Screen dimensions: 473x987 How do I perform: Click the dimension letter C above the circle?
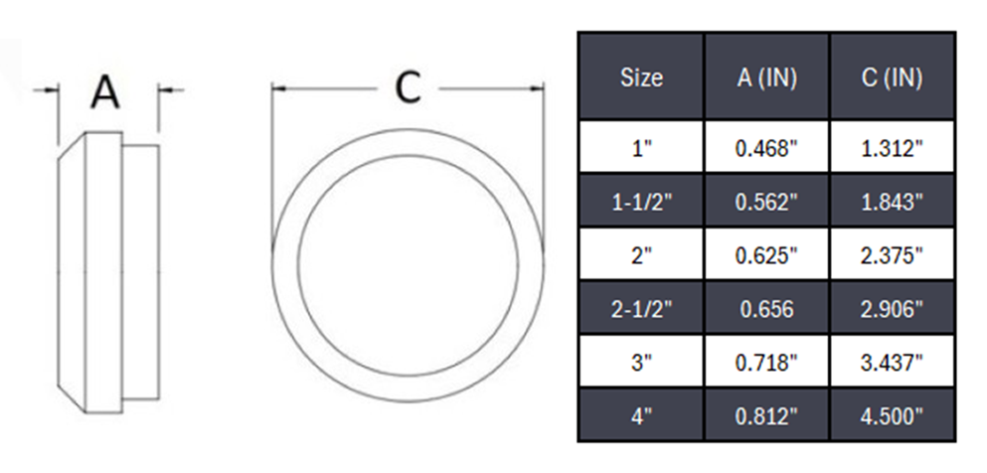pos(408,88)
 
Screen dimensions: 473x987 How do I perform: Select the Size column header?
pos(641,78)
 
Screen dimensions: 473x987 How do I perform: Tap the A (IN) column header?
pos(766,78)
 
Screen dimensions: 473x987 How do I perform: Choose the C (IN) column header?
pos(892,78)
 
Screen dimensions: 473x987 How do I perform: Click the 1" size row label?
pos(641,149)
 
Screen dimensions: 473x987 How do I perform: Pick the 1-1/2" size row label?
pos(641,203)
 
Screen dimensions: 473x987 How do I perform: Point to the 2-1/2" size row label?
pos(641,309)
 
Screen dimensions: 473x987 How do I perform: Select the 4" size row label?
pos(641,415)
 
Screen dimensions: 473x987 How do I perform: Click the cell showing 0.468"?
pos(766,149)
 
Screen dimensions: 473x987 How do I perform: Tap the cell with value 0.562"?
pos(766,203)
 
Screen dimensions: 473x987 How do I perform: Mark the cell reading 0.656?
pos(766,309)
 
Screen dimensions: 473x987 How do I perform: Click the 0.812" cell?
pos(766,415)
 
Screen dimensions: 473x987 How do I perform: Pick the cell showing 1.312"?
pos(892,149)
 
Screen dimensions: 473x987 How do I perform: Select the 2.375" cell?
pos(892,255)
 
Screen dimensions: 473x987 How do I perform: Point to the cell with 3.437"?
pos(892,363)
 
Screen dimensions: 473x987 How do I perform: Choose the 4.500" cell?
pos(892,415)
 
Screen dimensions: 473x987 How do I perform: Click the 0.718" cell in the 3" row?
pos(766,363)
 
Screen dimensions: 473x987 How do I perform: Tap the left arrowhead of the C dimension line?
pos(278,88)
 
